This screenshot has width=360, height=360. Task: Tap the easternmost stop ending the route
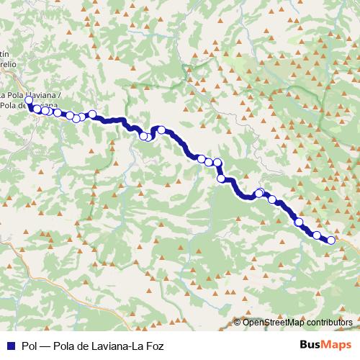point(331,240)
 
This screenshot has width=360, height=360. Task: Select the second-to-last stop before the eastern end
point(317,235)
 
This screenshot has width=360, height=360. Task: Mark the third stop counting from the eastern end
point(299,222)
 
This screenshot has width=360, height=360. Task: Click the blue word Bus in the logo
point(310,345)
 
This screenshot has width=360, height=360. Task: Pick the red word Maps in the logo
point(336,345)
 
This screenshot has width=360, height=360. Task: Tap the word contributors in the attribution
point(329,323)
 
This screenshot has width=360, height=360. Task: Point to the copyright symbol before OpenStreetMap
point(238,323)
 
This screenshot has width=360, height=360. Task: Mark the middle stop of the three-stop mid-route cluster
point(209,162)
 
